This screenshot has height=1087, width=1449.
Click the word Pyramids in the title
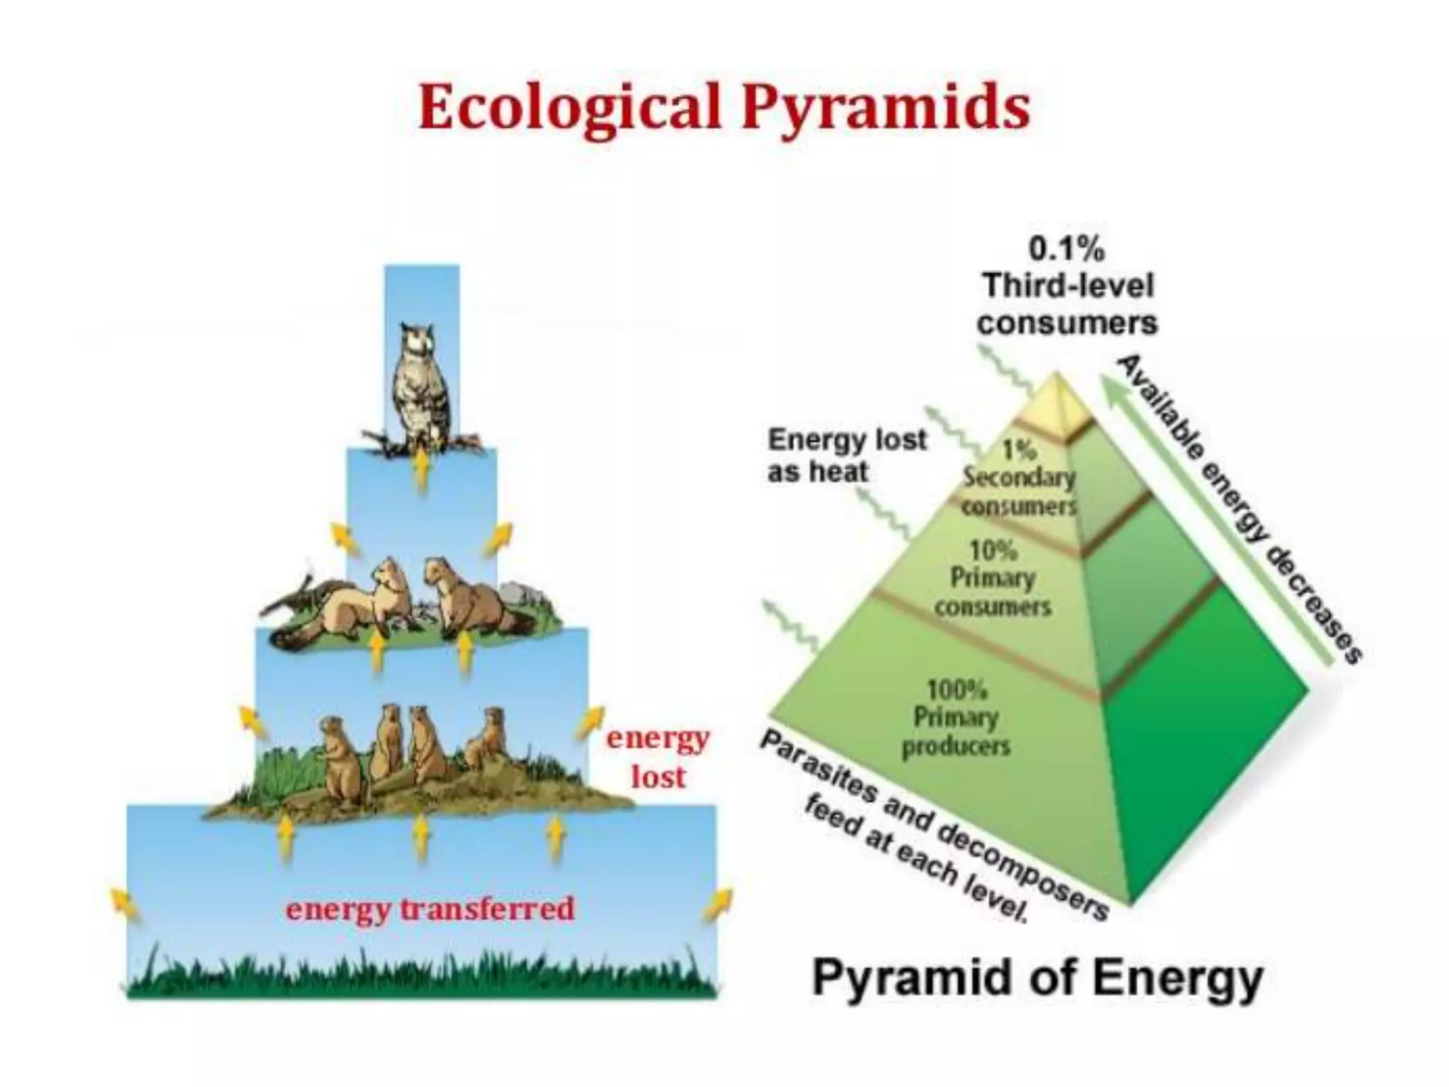(884, 108)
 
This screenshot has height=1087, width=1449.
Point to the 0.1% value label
(1066, 249)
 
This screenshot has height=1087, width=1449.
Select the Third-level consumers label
(1067, 305)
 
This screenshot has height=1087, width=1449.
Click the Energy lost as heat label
(846, 455)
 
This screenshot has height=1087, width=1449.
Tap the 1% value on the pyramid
(1020, 449)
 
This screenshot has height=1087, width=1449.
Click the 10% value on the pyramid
(993, 550)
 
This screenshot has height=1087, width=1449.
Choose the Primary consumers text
(993, 592)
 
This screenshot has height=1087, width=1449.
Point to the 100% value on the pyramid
(957, 689)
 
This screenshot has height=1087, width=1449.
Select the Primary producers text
(956, 732)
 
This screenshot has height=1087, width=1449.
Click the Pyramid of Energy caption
(1037, 979)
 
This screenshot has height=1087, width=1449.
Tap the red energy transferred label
(430, 909)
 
